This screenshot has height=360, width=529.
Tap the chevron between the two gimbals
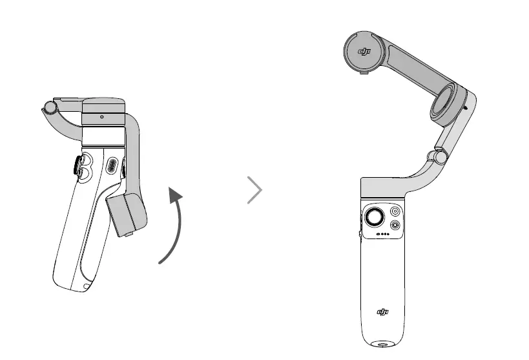point(256,191)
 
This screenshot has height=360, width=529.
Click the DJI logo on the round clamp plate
point(367,54)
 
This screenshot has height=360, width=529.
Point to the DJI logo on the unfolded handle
point(383,313)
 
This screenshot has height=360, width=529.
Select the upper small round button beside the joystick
point(395,212)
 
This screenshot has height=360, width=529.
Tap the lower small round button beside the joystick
point(395,226)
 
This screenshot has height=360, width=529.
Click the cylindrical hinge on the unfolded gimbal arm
point(439,156)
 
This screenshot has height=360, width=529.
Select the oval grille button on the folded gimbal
point(112,165)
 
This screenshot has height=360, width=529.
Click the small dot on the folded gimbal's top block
point(102,117)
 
